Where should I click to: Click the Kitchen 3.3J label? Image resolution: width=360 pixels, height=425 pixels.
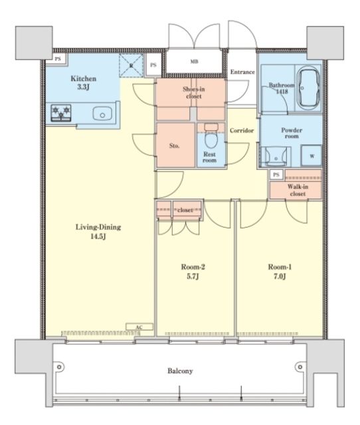84,82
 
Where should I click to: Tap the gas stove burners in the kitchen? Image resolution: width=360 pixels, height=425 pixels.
61,113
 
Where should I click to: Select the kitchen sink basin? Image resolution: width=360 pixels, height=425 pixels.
102,114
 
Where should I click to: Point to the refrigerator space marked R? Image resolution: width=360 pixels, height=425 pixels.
132,65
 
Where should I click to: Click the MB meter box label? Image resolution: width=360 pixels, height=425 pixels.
194,62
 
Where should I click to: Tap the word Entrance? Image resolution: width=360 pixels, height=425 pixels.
242,72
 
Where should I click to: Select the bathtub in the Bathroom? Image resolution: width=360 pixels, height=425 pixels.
308,88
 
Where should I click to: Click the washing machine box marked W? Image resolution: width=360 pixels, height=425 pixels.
312,156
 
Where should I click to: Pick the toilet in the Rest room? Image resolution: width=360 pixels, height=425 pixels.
211,135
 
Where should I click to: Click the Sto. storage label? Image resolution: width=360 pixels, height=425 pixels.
175,146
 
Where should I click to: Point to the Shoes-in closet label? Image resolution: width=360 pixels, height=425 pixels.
194,92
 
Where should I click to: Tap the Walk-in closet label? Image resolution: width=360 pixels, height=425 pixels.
298,190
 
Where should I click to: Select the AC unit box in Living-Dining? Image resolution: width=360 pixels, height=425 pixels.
139,327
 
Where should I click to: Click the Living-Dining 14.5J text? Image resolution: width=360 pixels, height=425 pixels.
98,232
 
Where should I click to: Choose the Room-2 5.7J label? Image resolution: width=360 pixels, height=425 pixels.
193,272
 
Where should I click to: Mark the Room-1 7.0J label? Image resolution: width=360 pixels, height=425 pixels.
280,272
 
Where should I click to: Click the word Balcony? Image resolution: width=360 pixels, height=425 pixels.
180,371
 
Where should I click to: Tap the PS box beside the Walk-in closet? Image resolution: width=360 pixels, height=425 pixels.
276,175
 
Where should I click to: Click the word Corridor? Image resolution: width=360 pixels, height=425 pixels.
242,130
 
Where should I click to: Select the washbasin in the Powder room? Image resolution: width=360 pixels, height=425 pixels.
276,157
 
